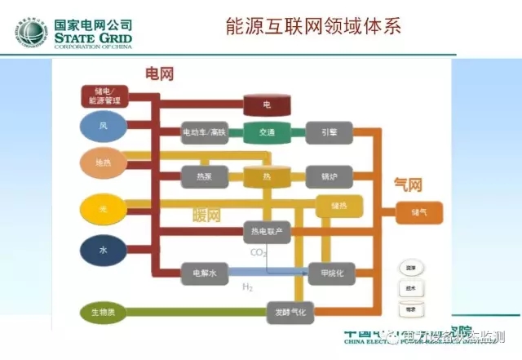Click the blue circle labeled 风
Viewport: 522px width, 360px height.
click(x=103, y=126)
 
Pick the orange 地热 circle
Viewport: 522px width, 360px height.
click(x=103, y=163)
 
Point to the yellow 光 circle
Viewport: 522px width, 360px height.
click(x=103, y=209)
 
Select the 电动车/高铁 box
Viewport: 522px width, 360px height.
click(x=204, y=131)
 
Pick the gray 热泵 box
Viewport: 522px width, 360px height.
click(x=204, y=176)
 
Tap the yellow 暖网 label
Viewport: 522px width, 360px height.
click(x=206, y=216)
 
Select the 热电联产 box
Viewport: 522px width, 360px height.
click(x=268, y=233)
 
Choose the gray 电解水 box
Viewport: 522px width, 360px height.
click(x=204, y=272)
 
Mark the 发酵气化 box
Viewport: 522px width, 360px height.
click(x=290, y=311)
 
